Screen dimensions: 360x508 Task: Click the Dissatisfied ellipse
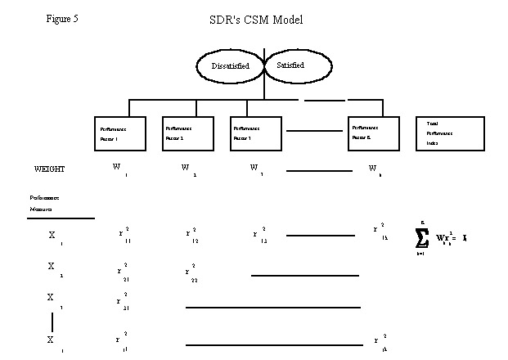(x=230, y=65)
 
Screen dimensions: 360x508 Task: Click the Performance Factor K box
(x=373, y=133)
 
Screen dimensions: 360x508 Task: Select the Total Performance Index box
(x=443, y=133)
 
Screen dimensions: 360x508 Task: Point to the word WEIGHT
(x=49, y=169)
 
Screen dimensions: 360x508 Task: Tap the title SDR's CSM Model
(x=255, y=19)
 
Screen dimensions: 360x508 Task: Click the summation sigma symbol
(x=422, y=237)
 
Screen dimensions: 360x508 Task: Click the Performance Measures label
(x=45, y=203)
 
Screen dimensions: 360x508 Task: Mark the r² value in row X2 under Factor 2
(x=190, y=272)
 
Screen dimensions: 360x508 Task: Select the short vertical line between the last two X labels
(x=52, y=320)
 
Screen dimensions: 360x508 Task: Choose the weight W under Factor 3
(x=255, y=169)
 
